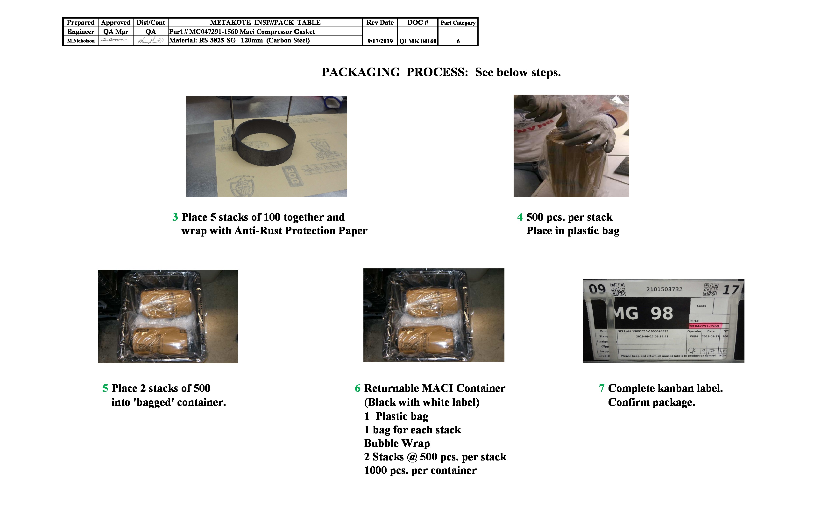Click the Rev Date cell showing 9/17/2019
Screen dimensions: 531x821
point(380,41)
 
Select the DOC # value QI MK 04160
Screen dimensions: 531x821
point(418,41)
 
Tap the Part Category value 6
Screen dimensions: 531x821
point(458,41)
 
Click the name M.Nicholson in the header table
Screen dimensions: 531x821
point(81,41)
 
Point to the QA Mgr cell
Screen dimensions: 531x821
point(116,32)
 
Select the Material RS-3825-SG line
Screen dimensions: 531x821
point(239,40)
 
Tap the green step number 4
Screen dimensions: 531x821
point(520,217)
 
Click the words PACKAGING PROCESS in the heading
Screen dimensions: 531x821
point(395,72)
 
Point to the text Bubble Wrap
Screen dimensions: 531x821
point(397,443)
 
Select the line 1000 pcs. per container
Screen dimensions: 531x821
point(420,471)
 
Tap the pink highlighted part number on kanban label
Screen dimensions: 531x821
point(704,326)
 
